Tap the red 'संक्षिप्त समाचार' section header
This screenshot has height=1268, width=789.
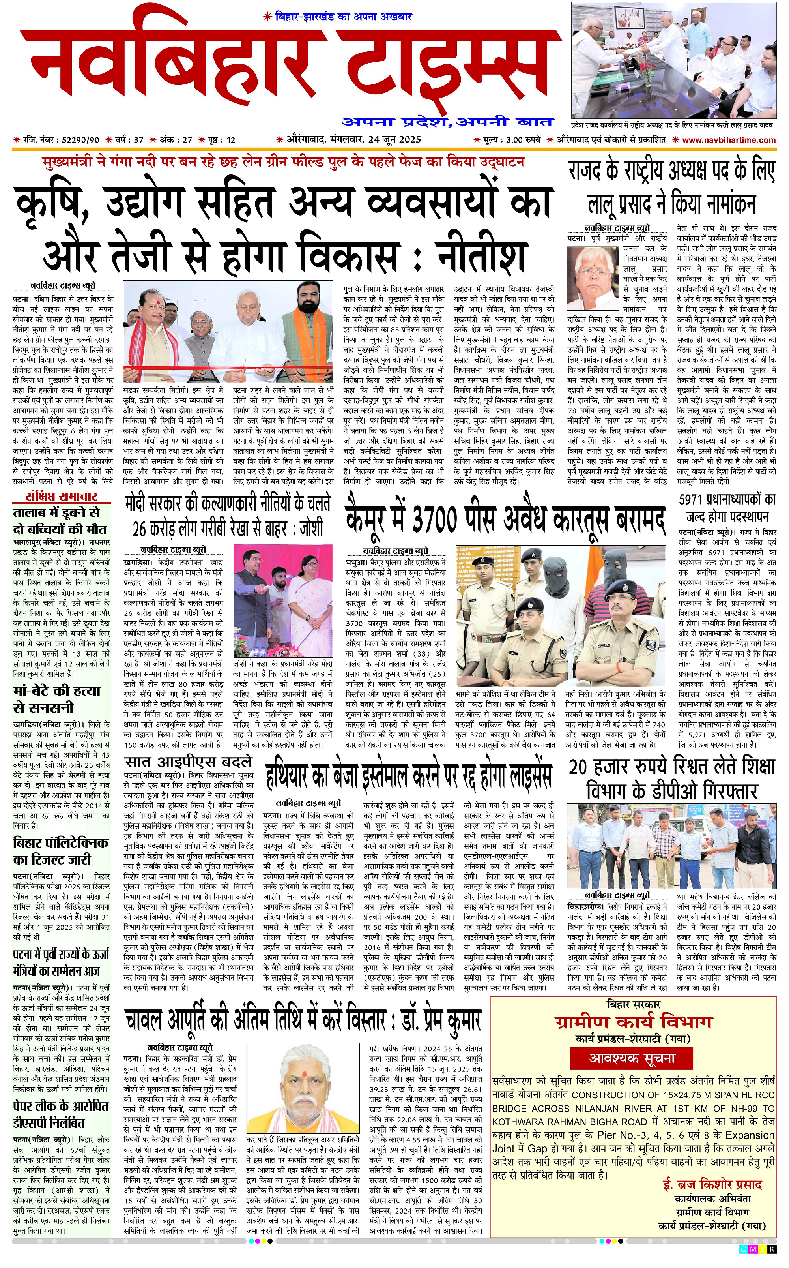click(61, 497)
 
